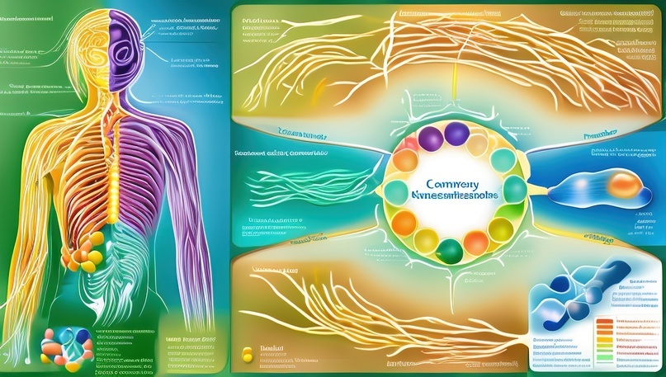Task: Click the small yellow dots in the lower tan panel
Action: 246,355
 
